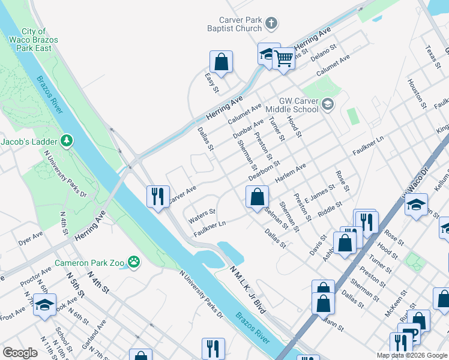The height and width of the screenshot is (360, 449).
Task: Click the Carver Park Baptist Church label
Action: (240, 24)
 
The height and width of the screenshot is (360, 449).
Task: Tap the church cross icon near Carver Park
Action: (271, 24)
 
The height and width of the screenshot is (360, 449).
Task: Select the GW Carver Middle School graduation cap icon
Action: (327, 105)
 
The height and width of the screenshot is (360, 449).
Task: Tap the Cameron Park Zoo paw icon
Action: (133, 262)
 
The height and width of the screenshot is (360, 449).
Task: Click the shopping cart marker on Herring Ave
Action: (283, 59)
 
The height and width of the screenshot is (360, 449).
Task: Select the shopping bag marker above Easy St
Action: (221, 61)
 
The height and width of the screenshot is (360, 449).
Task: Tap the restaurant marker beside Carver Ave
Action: (158, 196)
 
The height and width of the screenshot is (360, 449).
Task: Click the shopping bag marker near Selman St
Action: (257, 196)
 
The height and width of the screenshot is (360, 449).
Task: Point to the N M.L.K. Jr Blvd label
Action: (248, 290)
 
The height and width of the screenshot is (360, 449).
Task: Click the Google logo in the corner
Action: (20, 353)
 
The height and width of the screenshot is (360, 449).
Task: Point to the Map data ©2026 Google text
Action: (411, 355)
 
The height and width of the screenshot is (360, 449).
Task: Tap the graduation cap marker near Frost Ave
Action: (45, 305)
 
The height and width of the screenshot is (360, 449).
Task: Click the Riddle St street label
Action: (330, 209)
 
